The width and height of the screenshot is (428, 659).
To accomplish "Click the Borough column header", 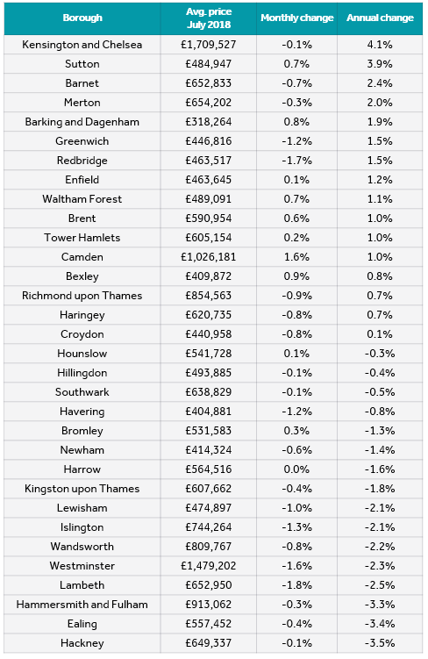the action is [82, 18].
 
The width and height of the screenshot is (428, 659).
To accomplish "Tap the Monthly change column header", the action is [297, 18].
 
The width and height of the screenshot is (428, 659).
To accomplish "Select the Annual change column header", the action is [380, 18].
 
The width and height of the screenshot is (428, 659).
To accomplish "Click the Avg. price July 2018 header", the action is [209, 18].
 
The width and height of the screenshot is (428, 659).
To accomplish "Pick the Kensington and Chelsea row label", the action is [82, 45].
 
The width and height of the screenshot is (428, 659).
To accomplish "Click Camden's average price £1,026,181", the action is [209, 257].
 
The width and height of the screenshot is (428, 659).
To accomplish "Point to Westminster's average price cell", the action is [209, 566].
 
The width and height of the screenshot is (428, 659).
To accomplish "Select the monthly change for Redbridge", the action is [297, 161].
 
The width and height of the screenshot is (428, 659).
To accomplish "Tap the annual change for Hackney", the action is [380, 643].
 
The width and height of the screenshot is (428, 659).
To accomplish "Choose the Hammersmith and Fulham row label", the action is [82, 605].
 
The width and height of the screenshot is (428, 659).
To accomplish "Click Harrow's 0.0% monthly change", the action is [296, 469].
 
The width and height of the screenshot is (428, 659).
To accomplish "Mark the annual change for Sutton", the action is [380, 64].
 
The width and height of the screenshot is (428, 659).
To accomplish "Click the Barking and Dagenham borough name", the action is [82, 122].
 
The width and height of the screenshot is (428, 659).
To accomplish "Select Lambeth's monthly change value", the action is [297, 585].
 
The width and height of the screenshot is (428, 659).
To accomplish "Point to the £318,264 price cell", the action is [209, 122].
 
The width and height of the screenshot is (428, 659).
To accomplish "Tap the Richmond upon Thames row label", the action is [82, 296].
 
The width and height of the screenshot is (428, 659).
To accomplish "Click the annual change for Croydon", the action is [380, 334].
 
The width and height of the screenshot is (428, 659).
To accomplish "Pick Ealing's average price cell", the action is [209, 624].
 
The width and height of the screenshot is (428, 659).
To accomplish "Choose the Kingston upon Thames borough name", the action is [82, 489].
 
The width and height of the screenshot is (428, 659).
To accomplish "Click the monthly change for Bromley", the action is [296, 431].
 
